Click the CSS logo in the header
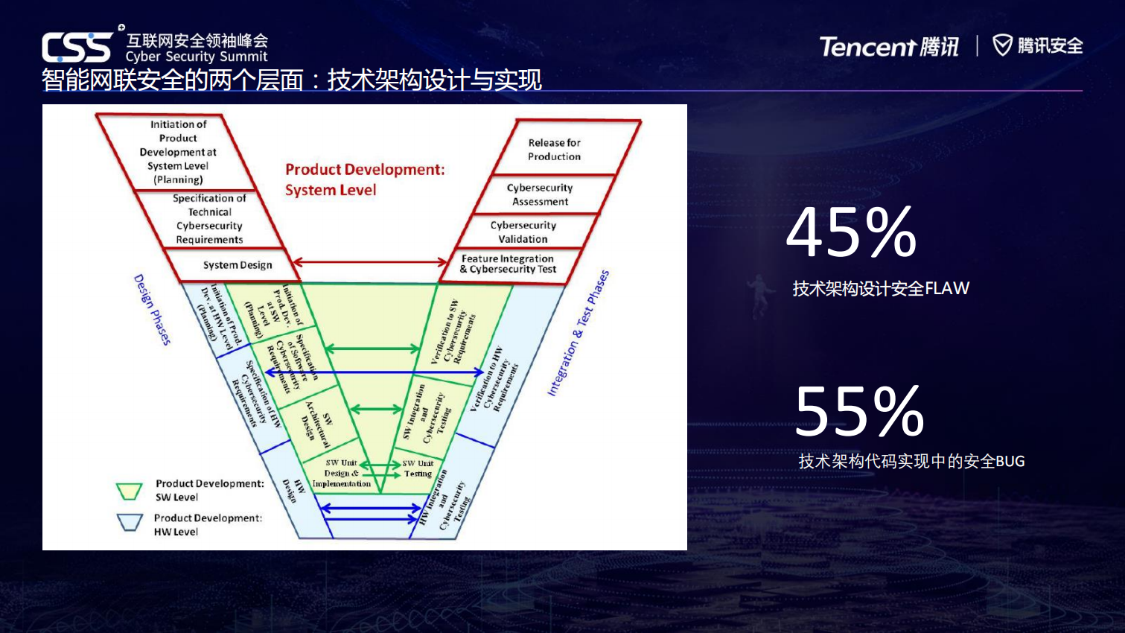77,48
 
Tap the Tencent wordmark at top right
867,47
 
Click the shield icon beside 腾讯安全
1002,45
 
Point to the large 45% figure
852,232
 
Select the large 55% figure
859,411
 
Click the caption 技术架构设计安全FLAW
881,289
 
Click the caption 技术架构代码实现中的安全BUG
911,462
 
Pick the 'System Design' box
237,265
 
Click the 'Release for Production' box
555,150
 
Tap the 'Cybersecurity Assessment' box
540,195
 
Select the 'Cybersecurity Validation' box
523,232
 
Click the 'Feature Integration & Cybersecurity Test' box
508,264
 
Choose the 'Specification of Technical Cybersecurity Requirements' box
208,219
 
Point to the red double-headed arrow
369,262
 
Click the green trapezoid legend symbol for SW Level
129,491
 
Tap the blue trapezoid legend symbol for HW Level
130,522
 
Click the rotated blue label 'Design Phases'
152,309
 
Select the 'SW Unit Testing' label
418,468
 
